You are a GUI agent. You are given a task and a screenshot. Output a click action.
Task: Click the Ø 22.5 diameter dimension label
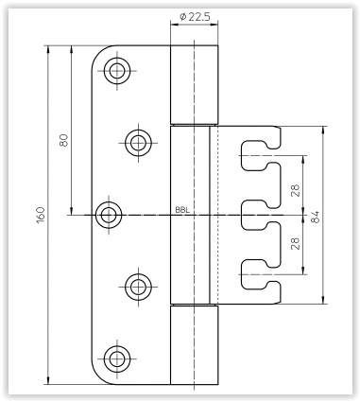point(194,16)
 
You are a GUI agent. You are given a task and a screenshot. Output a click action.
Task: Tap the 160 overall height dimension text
point(41,216)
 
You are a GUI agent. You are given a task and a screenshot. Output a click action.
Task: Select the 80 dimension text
point(63,140)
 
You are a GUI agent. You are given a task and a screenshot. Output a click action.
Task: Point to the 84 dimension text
point(315,217)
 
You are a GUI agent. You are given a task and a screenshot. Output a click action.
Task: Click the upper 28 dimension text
point(296,190)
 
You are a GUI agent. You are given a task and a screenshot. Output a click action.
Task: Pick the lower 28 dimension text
point(296,243)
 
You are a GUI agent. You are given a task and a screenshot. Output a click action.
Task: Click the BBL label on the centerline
point(182,210)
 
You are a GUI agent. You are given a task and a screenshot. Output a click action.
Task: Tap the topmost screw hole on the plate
point(117,71)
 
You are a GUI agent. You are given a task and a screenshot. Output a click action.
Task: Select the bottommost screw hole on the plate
point(117,358)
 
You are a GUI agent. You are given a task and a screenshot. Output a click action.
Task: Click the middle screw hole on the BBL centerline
point(109,215)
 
